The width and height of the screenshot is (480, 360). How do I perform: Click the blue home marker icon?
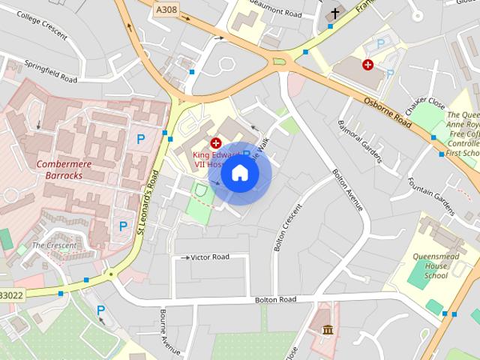click(239, 173)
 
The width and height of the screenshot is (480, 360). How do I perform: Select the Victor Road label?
click(209, 257)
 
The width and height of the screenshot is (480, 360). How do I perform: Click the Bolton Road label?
click(274, 300)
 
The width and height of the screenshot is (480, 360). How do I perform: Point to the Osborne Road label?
click(388, 111)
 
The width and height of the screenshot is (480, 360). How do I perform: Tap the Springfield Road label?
click(50, 72)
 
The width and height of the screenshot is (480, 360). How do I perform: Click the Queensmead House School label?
click(430, 265)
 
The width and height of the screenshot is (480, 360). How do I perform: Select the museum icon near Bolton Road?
click(328, 329)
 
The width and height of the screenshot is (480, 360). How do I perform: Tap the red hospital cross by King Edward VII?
click(216, 142)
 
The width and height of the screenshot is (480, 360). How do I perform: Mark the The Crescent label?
click(53, 245)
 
